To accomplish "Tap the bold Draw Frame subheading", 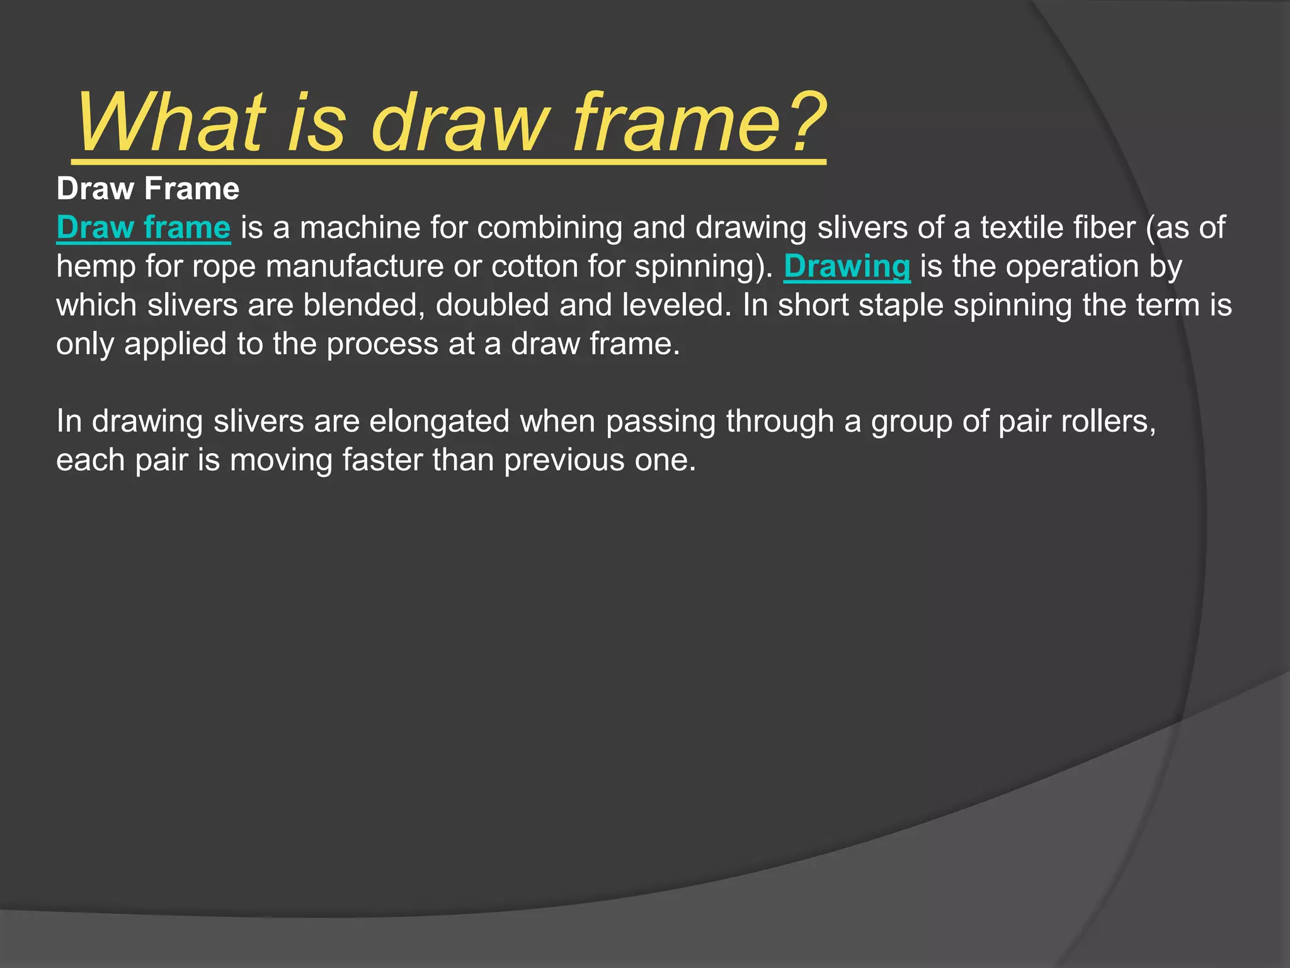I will click(148, 189).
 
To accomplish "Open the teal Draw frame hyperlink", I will click(144, 228).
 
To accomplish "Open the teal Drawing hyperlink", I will click(847, 267).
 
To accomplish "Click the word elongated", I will click(439, 422).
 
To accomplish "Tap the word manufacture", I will click(354, 267).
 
